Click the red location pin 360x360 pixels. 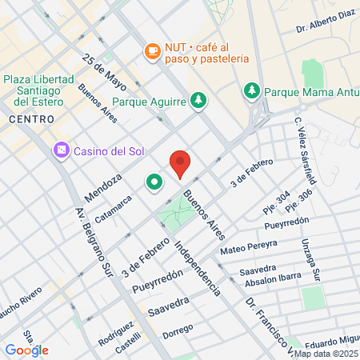tap(181, 163)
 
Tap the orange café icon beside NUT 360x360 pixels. tap(152, 50)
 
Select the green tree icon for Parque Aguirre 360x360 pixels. tap(198, 101)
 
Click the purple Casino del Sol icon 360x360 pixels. tap(62, 150)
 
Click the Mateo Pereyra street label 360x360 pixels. tap(248, 246)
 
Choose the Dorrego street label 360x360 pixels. tap(178, 330)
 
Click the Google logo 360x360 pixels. tap(27, 350)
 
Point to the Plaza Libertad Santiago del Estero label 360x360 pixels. tap(38, 90)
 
